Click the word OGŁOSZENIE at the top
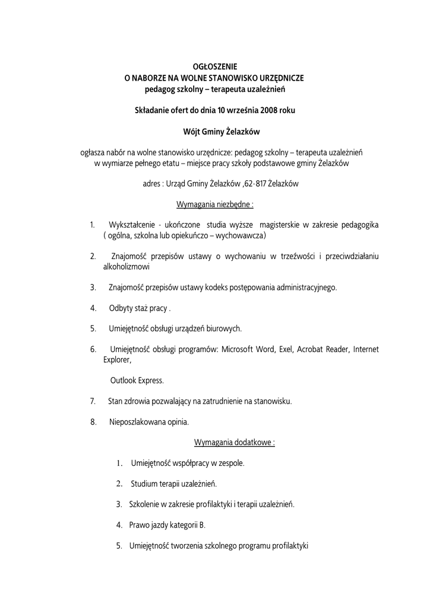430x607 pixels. click(216, 67)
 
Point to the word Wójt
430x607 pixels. click(191, 131)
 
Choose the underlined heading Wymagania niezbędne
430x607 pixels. click(216, 205)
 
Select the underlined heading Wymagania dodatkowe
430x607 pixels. click(235, 442)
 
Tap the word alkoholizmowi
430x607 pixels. click(127, 267)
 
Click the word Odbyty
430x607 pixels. click(121, 308)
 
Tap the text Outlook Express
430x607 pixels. click(137, 380)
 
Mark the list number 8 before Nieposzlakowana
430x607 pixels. click(93, 422)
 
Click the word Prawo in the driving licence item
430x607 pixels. click(139, 525)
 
